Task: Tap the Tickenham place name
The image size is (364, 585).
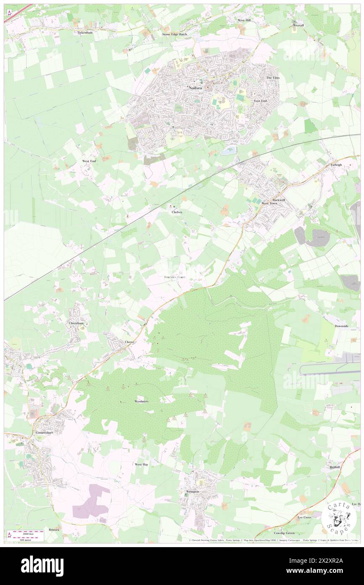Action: point(85,32)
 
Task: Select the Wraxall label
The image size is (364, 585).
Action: point(298,25)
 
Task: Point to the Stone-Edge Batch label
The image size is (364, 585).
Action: point(175,34)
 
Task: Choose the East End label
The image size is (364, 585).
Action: point(261,101)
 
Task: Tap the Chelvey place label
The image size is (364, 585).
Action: point(177,212)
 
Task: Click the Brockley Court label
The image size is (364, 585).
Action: point(174,277)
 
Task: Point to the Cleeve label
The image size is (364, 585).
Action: point(129,342)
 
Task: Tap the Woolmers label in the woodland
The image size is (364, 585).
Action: point(141,402)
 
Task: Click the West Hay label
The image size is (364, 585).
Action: point(141,464)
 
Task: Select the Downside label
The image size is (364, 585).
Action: point(342,326)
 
